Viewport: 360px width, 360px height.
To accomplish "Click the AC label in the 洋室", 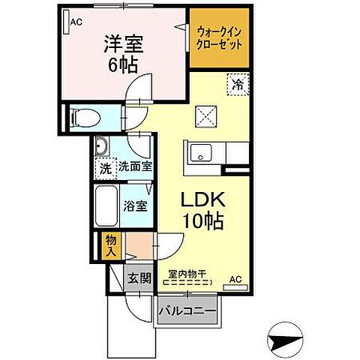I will point(75,22).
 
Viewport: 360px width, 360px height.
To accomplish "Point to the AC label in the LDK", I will point(235,280).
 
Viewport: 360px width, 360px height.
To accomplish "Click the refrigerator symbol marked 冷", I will point(235,86).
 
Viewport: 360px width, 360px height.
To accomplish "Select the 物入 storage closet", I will point(110,244).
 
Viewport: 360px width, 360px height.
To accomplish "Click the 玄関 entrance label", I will point(139,278).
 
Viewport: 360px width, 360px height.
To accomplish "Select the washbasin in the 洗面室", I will point(103,147).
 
